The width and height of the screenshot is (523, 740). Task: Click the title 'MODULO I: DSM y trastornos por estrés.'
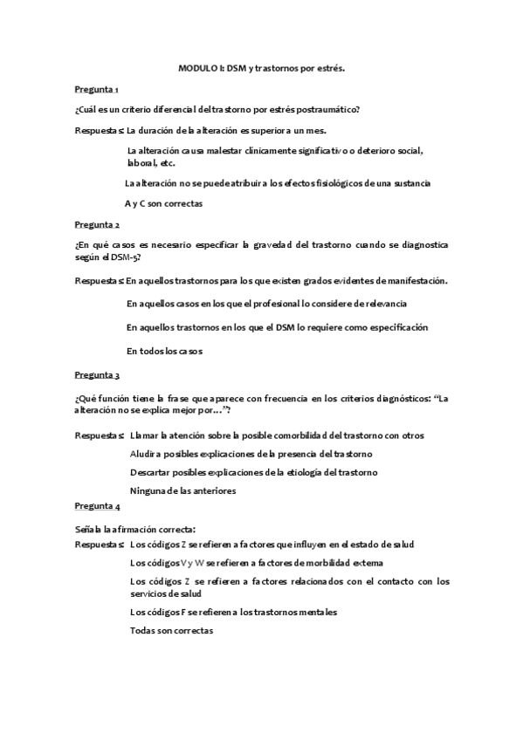point(261,66)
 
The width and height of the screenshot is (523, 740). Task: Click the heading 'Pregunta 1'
point(97,89)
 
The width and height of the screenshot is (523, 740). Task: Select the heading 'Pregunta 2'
point(97,223)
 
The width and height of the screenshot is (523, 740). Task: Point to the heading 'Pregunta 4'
point(97,506)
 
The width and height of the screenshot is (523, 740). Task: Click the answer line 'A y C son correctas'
point(164,203)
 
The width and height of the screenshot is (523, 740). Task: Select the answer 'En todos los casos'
point(164,351)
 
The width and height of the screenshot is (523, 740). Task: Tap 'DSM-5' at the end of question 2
point(124,257)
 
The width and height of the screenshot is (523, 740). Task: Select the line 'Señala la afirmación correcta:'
point(135,529)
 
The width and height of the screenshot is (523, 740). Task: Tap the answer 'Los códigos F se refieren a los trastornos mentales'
point(233,612)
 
